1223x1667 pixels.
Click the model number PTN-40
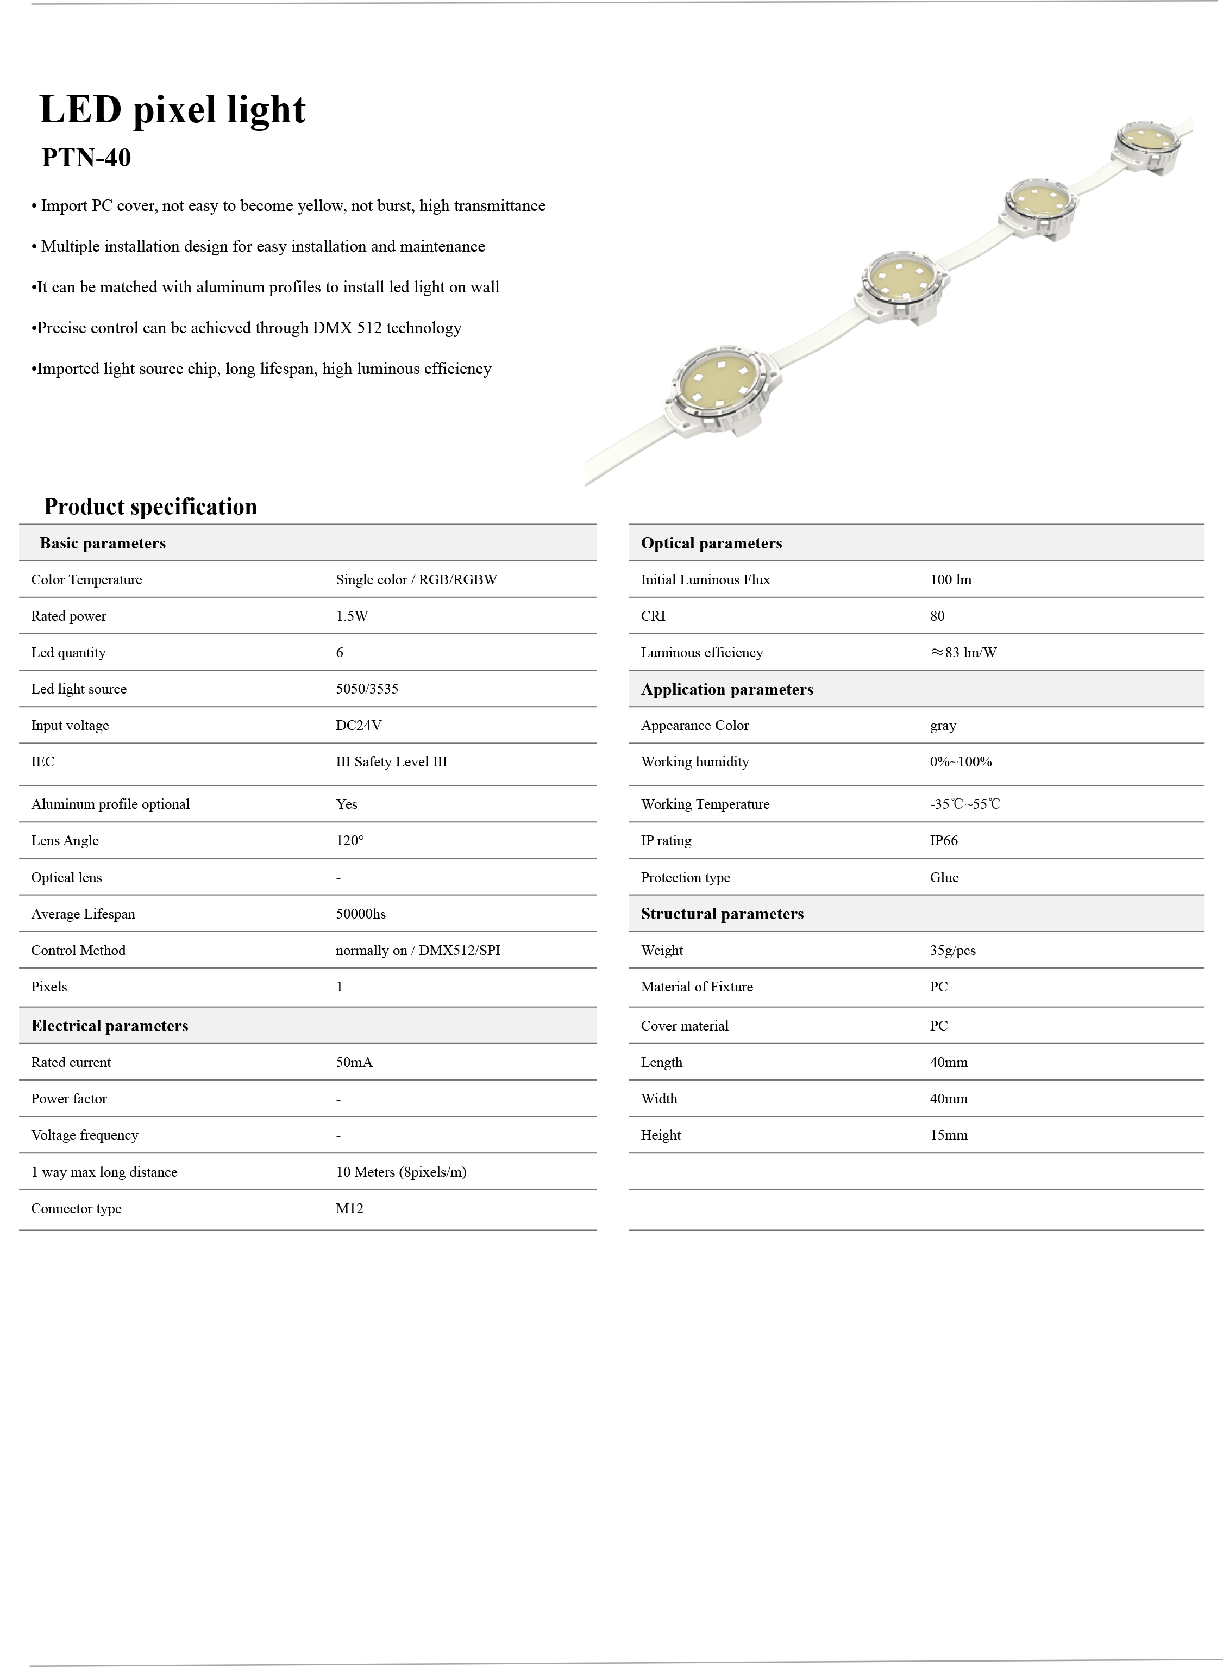(x=86, y=158)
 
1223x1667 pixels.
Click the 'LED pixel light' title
(x=172, y=110)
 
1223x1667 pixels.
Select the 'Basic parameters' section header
(x=102, y=543)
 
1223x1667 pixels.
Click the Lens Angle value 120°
(x=349, y=840)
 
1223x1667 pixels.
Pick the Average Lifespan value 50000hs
(x=361, y=914)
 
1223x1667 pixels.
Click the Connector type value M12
(x=349, y=1209)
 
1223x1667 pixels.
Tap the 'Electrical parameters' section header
(x=110, y=1026)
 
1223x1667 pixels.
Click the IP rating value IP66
(x=944, y=840)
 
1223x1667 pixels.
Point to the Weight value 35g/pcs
(x=953, y=950)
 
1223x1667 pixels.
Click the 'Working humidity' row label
(x=694, y=762)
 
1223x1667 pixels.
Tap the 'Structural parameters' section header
(x=722, y=914)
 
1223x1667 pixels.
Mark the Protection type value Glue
(x=944, y=878)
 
